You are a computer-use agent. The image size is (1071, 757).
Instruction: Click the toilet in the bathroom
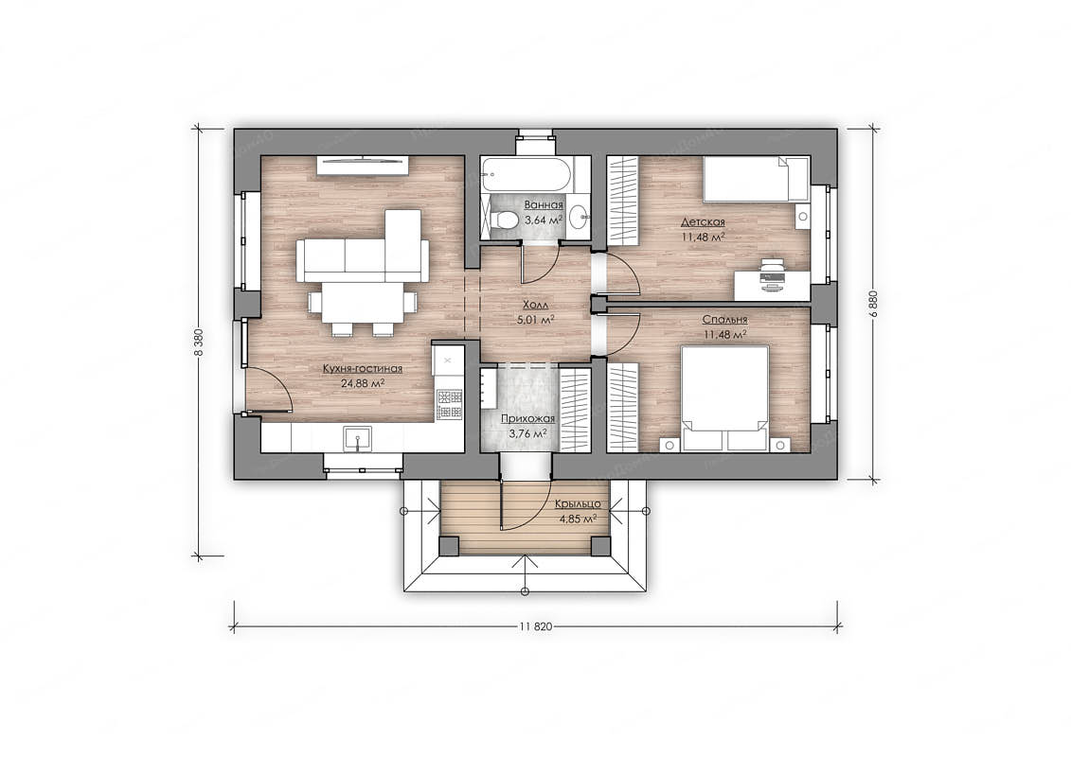(x=503, y=220)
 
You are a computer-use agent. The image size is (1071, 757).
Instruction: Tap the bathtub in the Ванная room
(x=526, y=174)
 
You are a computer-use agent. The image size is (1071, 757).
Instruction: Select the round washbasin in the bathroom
(x=580, y=218)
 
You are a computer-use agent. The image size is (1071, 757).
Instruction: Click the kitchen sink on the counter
(x=357, y=439)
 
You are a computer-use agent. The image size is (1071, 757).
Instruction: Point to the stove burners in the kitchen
(x=450, y=404)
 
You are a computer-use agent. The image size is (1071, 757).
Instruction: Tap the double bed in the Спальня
(x=725, y=398)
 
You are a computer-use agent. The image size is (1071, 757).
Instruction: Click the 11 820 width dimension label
(x=536, y=625)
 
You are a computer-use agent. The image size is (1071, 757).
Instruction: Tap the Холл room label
(x=535, y=305)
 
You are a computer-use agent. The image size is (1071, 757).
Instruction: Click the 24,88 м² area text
(x=362, y=383)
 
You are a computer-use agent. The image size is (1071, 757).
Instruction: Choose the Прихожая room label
(x=527, y=419)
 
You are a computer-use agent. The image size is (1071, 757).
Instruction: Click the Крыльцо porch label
(x=577, y=503)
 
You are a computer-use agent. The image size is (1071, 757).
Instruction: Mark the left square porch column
(x=449, y=546)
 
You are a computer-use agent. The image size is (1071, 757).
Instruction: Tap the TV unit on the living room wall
(x=362, y=165)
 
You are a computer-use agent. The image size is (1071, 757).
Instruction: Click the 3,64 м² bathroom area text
(x=543, y=220)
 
